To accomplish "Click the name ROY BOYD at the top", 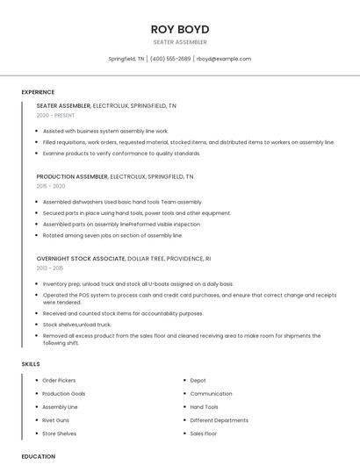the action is coord(180,29).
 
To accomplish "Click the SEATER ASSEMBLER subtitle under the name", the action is coord(180,42).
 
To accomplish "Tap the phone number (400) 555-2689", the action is coord(170,59).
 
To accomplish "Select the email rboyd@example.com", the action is coord(224,59).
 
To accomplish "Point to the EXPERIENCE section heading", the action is coord(38,92).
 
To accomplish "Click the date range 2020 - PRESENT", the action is coord(56,115).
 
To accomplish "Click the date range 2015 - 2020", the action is coord(51,186).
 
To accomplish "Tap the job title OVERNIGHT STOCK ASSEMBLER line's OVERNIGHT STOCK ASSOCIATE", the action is coord(81,259).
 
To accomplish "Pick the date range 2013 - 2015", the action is coord(51,268).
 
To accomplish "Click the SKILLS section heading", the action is coord(31,364).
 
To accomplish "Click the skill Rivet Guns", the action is coord(57,420).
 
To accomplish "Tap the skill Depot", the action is coord(198,381).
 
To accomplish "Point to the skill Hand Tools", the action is coord(205,407).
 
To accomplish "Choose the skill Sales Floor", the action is coord(204,433).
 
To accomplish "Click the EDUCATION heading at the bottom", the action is coord(38,456).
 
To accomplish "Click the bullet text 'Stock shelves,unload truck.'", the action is coord(77,324).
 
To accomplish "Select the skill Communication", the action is coord(212,394).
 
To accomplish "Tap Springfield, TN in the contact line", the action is coord(126,59).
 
